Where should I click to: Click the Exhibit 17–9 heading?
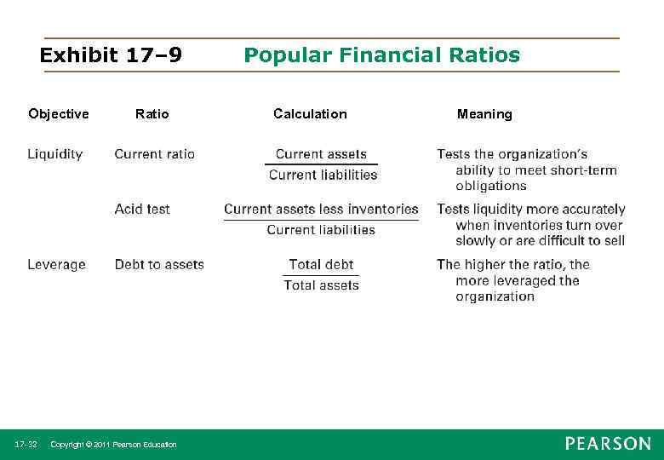pyautogui.click(x=111, y=56)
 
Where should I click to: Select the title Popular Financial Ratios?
pyautogui.click(x=381, y=56)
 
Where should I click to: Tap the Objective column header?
pyautogui.click(x=58, y=114)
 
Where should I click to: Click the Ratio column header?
pyautogui.click(x=152, y=114)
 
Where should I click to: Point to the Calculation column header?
pyautogui.click(x=310, y=114)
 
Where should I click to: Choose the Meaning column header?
pyautogui.click(x=484, y=114)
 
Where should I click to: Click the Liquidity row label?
pyautogui.click(x=55, y=154)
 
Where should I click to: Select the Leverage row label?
pyautogui.click(x=56, y=265)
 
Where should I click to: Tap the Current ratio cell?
pyautogui.click(x=154, y=154)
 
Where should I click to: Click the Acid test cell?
pyautogui.click(x=142, y=209)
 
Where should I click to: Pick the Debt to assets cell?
pyautogui.click(x=159, y=265)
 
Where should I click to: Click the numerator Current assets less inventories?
pyautogui.click(x=321, y=209)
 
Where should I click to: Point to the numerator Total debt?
pyautogui.click(x=321, y=265)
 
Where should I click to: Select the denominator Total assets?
pyautogui.click(x=321, y=285)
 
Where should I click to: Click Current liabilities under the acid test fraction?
pyautogui.click(x=321, y=230)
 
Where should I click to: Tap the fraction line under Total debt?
pyautogui.click(x=321, y=275)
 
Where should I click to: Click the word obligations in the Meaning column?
pyautogui.click(x=490, y=186)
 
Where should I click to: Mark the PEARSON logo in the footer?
pyautogui.click(x=607, y=444)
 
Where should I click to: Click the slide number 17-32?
pyautogui.click(x=26, y=445)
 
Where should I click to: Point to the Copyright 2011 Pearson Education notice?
pyautogui.click(x=113, y=445)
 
